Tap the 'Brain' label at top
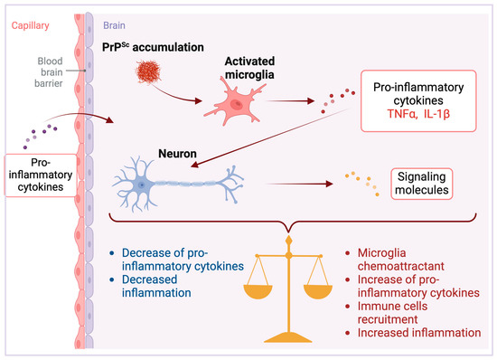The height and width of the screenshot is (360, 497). [115, 27]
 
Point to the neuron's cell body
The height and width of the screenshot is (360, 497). [142, 185]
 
